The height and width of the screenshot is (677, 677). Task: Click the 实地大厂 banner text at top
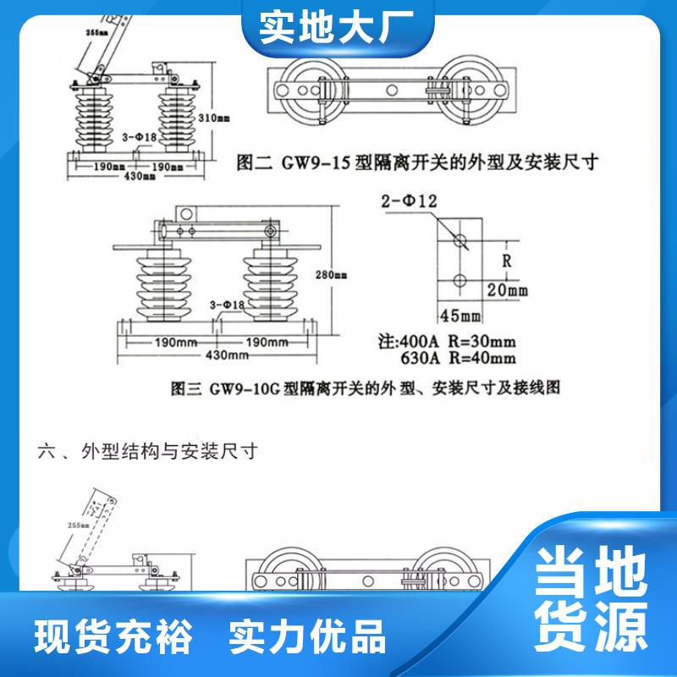click(338, 26)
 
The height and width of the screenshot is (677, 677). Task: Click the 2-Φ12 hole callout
click(410, 201)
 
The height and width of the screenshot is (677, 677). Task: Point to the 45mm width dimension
click(460, 316)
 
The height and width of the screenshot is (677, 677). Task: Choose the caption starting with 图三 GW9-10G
click(366, 388)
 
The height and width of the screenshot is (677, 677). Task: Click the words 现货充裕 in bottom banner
click(113, 635)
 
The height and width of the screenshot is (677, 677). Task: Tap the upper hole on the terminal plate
click(459, 239)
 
